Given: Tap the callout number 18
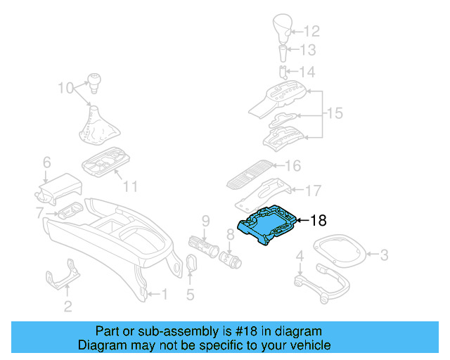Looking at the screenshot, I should (319, 221).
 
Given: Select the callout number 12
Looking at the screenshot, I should (311, 31).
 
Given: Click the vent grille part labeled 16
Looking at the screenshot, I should (250, 176).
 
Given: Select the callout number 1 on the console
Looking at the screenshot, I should (164, 294).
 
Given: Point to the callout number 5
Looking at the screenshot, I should (190, 295).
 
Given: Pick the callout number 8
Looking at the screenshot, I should (230, 233).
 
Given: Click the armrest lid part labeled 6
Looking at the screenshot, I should (60, 184).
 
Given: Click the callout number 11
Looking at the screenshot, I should (129, 187).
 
